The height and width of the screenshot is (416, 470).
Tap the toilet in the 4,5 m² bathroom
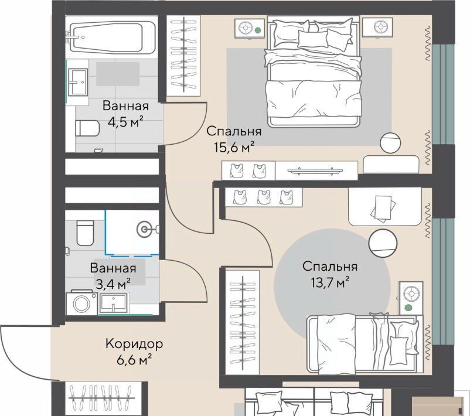(x=87, y=128)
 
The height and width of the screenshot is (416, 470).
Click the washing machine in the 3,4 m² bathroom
(x=81, y=303)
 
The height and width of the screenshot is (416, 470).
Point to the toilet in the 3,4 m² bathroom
(x=85, y=233)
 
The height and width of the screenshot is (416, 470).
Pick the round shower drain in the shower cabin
(x=145, y=230)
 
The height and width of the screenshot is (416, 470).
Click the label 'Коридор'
(x=134, y=344)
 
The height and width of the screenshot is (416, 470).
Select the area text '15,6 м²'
(x=234, y=147)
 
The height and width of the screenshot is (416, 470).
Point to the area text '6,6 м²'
(x=134, y=360)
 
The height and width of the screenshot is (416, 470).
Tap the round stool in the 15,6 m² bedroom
(x=390, y=142)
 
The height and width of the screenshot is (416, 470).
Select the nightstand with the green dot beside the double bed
(x=250, y=29)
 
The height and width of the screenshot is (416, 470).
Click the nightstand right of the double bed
(x=377, y=27)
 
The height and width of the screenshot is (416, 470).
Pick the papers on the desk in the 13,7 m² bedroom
(x=383, y=209)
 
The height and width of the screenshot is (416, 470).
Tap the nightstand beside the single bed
(x=410, y=298)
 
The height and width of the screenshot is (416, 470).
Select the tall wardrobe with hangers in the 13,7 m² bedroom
(x=242, y=322)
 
